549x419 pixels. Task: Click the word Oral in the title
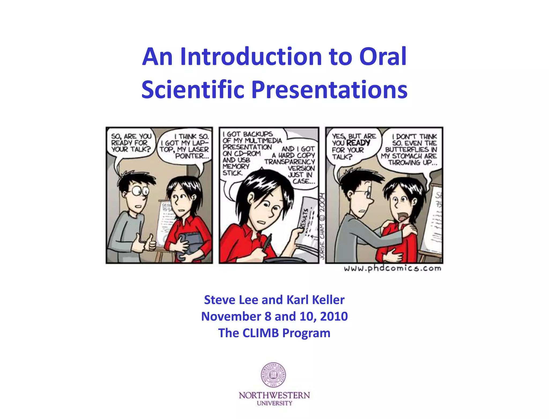pos(383,57)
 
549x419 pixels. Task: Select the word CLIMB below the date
pos(260,333)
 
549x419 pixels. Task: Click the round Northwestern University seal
pos(273,375)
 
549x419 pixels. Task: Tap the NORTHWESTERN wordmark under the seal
pos(274,395)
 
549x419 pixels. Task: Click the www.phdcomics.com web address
pos(392,268)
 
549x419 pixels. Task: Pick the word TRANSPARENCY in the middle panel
pos(290,162)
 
